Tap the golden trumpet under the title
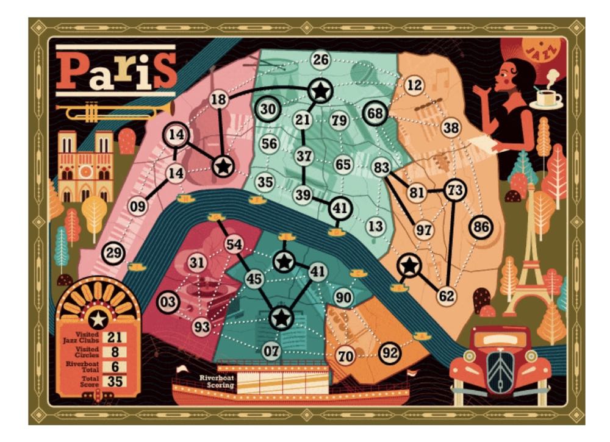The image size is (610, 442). point(116,111)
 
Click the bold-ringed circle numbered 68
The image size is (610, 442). point(376,113)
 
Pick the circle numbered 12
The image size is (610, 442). point(414,86)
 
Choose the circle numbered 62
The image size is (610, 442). point(447,296)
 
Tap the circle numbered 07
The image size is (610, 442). point(273,351)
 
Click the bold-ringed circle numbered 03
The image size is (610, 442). point(168,302)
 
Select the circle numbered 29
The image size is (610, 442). point(112,252)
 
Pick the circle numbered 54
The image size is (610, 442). point(234,245)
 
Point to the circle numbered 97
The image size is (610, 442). point(423,230)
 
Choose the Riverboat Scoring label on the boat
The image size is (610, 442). point(217,382)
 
